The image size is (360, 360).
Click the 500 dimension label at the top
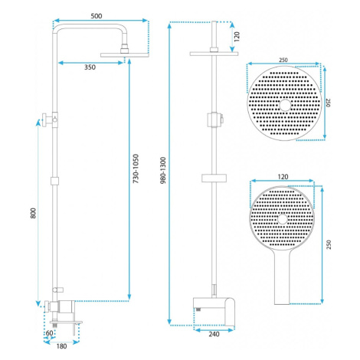(x=97, y=16)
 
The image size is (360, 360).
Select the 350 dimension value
(x=90, y=67)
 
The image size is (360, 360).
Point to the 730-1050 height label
(x=136, y=169)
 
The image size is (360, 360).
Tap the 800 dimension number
(x=33, y=213)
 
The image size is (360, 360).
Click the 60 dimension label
(x=49, y=333)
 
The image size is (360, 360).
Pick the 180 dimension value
(x=61, y=346)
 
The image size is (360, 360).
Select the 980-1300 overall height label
(x=163, y=170)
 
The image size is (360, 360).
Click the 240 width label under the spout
(x=214, y=334)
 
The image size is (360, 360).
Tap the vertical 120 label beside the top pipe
(x=237, y=37)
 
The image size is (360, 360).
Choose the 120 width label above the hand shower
(x=283, y=177)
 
